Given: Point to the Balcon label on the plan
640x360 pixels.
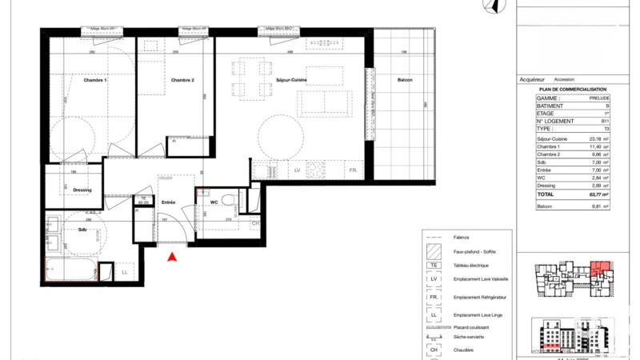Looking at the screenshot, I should [x=404, y=80].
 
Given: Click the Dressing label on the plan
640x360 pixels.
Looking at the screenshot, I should [x=82, y=190].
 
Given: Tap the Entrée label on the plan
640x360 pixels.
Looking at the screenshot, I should [x=168, y=202].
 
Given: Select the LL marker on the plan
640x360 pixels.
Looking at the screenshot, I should [x=125, y=273].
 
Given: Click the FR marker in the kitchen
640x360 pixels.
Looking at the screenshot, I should [x=351, y=171].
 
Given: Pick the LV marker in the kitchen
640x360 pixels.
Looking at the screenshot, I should [x=297, y=171].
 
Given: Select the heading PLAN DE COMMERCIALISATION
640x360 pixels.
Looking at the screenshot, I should [x=572, y=90].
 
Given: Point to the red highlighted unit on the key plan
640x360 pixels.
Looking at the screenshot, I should [x=600, y=269].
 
